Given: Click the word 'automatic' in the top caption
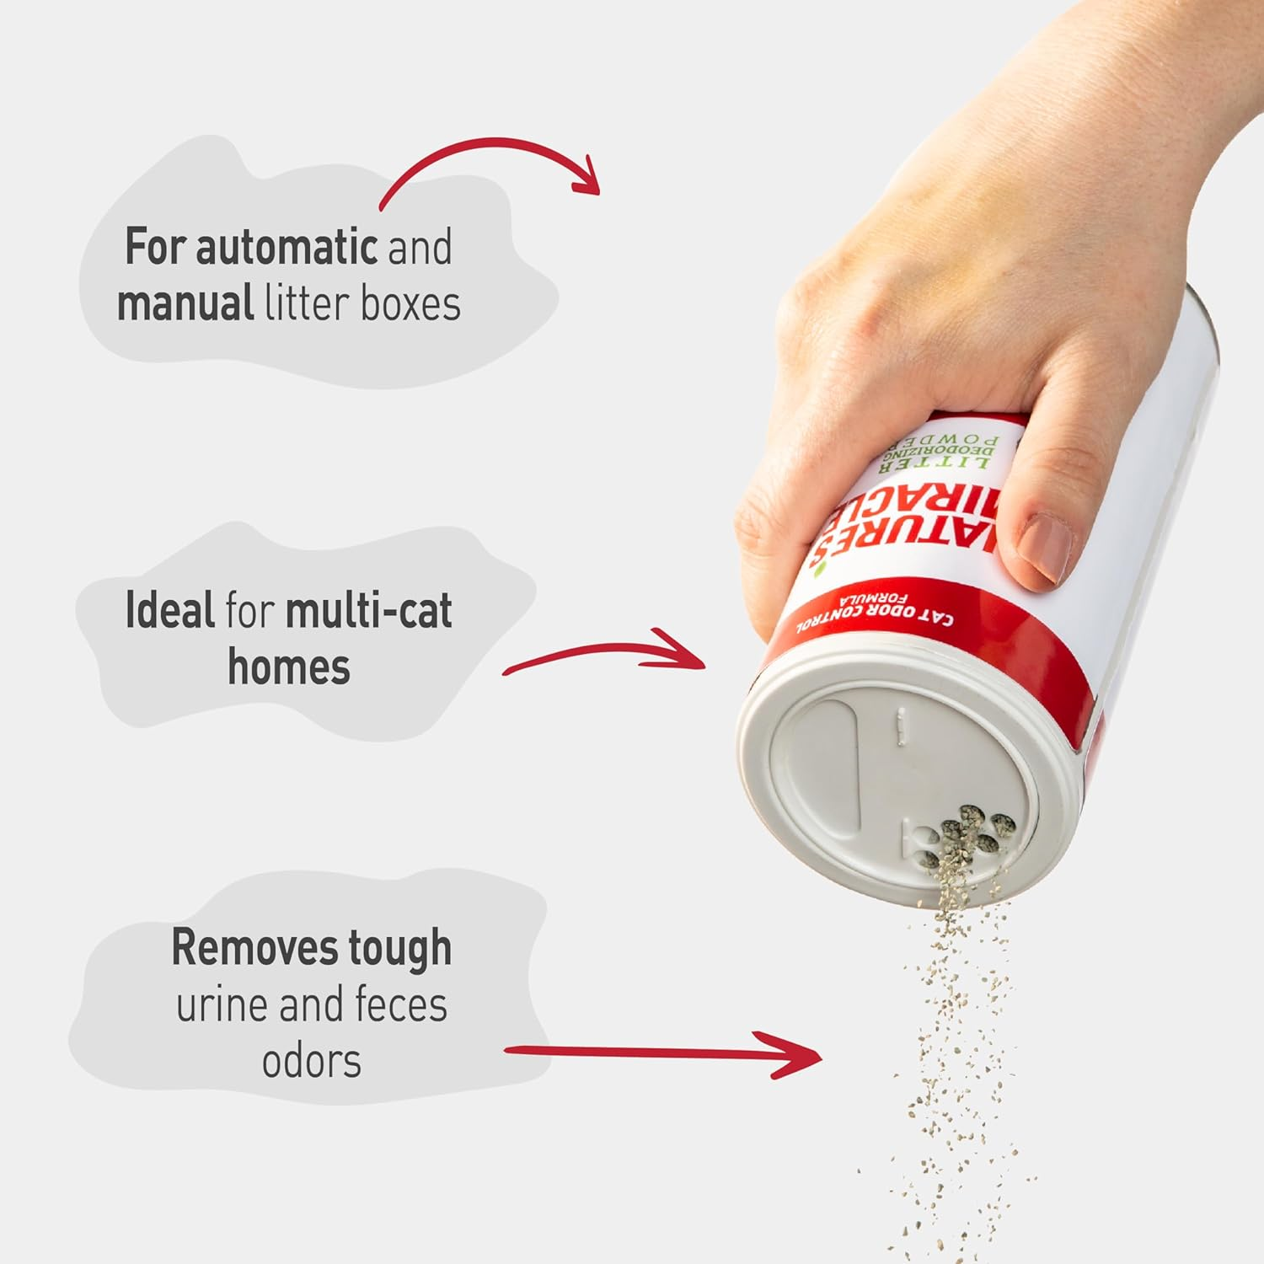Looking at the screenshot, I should coord(287,247).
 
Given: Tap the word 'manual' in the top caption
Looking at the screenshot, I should coord(185,303).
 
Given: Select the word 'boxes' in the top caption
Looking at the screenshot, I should coord(410,303).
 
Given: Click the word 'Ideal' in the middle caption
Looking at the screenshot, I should coord(169,611).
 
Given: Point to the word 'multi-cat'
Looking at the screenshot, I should coord(369,611).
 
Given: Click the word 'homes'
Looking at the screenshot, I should coord(289,667).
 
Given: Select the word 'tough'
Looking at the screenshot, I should coord(400,950).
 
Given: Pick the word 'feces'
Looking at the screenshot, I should coord(401,1004).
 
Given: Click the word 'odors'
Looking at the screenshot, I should coord(311,1061).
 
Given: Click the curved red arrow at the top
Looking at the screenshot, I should coord(489,164).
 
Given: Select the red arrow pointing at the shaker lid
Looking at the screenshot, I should coord(607,653).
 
